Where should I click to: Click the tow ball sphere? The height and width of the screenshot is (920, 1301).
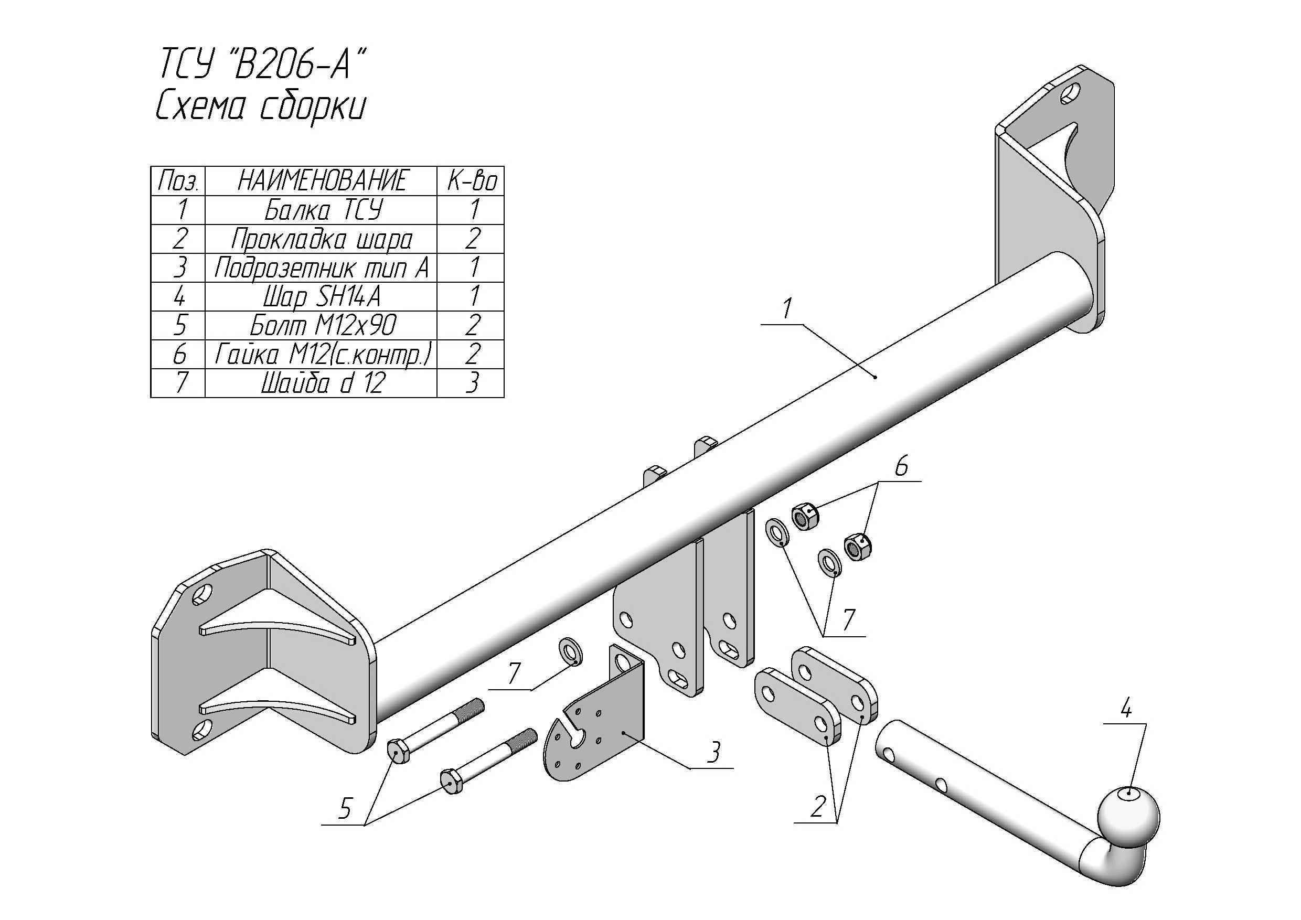pyautogui.click(x=1127, y=816)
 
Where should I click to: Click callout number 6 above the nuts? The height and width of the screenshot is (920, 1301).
pyautogui.click(x=901, y=466)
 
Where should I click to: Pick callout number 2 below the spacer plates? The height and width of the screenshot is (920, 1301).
pyautogui.click(x=817, y=806)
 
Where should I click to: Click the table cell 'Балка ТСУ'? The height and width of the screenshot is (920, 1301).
pyautogui.click(x=321, y=210)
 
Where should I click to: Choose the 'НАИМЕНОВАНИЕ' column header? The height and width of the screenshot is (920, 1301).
pyautogui.click(x=321, y=181)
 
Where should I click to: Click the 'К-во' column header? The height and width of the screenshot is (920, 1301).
pyautogui.click(x=472, y=181)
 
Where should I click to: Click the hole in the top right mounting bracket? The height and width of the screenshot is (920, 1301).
pyautogui.click(x=1070, y=94)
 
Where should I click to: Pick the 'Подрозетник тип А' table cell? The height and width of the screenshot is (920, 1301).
pyautogui.click(x=321, y=268)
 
